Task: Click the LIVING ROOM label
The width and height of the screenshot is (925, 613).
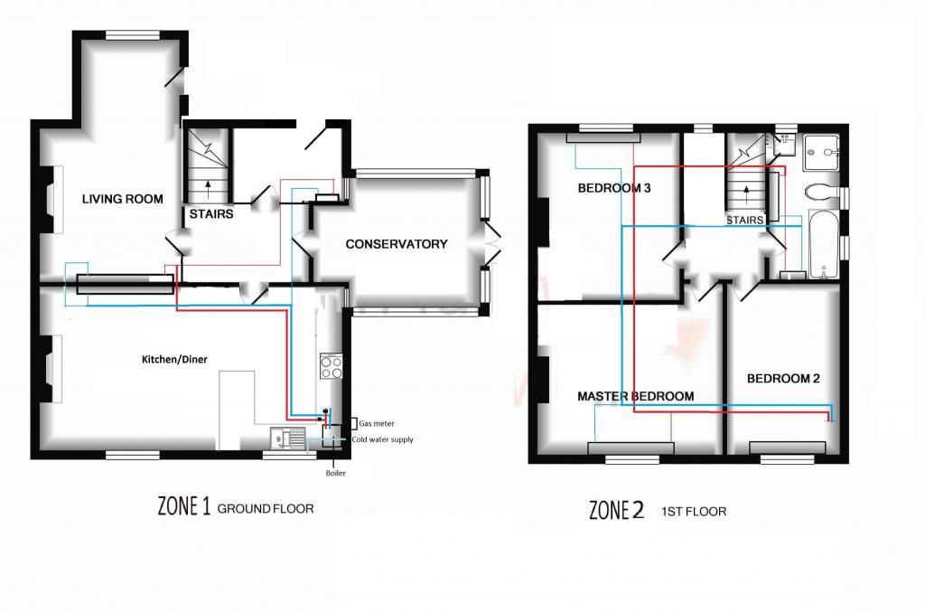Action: point(123,199)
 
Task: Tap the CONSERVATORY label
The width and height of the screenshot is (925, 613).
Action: point(397,244)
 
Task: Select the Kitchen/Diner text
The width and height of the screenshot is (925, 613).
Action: point(174,359)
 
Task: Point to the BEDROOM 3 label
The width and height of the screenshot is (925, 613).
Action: point(614,188)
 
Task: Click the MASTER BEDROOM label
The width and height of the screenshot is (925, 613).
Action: point(635,396)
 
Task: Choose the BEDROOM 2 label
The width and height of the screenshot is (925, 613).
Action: point(783,379)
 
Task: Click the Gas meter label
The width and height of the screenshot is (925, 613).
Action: point(377,423)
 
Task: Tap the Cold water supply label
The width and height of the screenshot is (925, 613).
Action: point(382,439)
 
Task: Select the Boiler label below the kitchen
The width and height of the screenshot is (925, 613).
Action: point(336,473)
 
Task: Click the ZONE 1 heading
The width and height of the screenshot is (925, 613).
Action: point(183,506)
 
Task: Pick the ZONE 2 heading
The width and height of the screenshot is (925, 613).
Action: point(616,510)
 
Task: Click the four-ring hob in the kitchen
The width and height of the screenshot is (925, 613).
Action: point(331,365)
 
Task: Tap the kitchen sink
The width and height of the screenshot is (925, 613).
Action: point(288,439)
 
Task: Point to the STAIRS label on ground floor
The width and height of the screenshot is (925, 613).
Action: point(211,213)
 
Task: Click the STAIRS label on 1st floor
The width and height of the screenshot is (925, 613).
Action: point(744,221)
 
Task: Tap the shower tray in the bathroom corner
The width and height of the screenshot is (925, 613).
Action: point(820,153)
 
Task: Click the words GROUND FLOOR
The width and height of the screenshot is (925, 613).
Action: point(266,508)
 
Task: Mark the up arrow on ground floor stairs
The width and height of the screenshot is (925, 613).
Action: point(209,192)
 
